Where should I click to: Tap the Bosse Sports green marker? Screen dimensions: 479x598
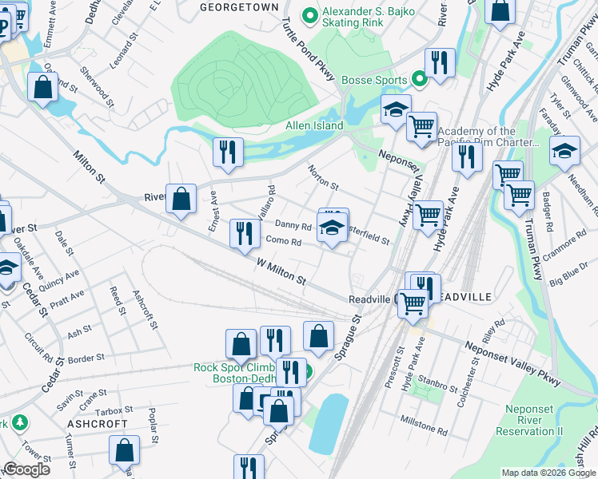pyautogui.click(x=418, y=80)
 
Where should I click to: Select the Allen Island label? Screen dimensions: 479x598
pyautogui.click(x=314, y=125)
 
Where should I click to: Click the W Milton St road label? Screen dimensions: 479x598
pyautogui.click(x=282, y=271)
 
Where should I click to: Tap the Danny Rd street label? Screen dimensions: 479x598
pyautogui.click(x=293, y=226)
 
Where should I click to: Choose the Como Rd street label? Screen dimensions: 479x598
pyautogui.click(x=283, y=242)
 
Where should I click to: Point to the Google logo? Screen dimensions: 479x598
pyautogui.click(x=26, y=469)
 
